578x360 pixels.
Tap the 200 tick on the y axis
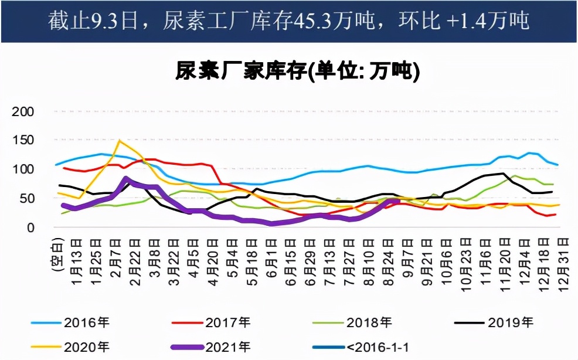tap(23, 111)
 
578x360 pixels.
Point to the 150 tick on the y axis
tap(23, 140)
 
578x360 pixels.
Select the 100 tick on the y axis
tap(23, 169)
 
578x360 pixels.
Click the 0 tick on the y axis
tap(30, 227)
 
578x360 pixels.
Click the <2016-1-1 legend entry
tap(375, 347)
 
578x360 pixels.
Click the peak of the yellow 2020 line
tap(120, 141)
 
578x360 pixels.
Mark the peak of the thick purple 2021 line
tap(126, 179)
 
